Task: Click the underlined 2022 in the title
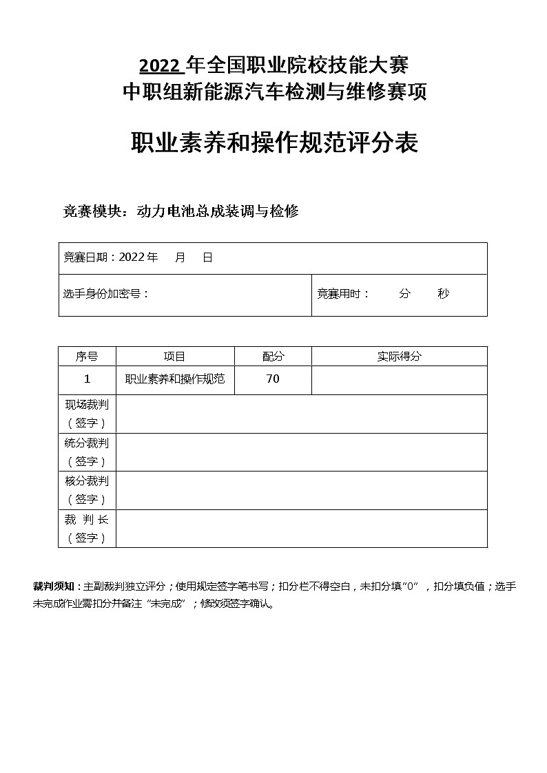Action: click(161, 66)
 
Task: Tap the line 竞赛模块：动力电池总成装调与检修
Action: click(180, 212)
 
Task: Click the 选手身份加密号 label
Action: click(104, 294)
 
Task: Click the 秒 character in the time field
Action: click(443, 294)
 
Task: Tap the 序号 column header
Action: click(87, 357)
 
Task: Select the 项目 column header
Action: click(175, 357)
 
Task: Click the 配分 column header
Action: click(273, 357)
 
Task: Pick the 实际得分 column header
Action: click(399, 357)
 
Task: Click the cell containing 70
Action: click(273, 379)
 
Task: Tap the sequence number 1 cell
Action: click(87, 379)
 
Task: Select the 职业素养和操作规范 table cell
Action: click(175, 379)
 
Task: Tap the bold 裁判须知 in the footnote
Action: click(56, 587)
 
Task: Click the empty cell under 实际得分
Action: click(399, 380)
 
